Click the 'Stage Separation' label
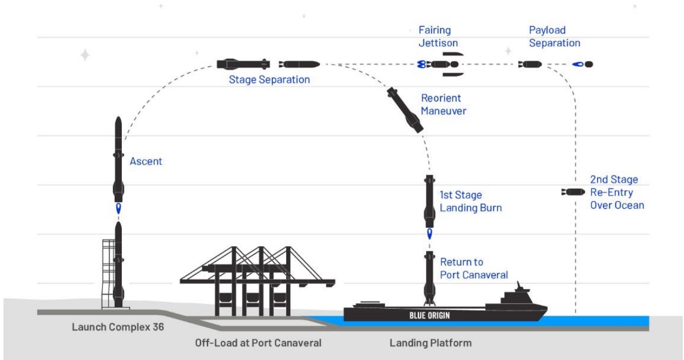coord(269,80)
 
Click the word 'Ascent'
coord(146,162)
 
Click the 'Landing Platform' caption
coord(431,344)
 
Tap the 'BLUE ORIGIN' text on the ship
coord(432,315)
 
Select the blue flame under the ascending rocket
coord(118,209)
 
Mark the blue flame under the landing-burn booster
coord(429,235)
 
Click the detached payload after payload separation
coord(583,64)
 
